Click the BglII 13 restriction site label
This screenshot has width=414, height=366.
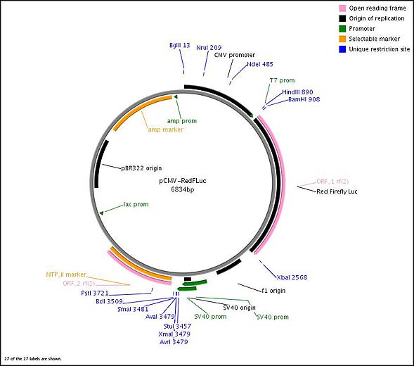[179, 45]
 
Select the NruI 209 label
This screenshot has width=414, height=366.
[209, 48]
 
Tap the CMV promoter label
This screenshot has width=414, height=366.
[235, 55]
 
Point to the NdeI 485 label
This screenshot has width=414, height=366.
[260, 64]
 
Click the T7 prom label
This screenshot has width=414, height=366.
[282, 80]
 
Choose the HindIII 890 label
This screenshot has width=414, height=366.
[297, 92]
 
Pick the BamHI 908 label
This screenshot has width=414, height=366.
[304, 99]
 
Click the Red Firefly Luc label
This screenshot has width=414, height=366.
[337, 191]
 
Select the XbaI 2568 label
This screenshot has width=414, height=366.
[292, 277]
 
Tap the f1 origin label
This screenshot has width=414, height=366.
[273, 291]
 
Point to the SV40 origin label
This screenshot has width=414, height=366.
[239, 308]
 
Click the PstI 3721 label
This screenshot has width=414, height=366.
[95, 293]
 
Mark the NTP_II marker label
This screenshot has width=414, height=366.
[66, 274]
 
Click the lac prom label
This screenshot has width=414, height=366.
[136, 204]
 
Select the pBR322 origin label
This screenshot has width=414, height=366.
[141, 168]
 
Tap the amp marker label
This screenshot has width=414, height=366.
[165, 130]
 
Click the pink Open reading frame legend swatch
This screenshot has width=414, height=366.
[342, 8]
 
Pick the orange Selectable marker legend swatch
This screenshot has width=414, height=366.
[342, 39]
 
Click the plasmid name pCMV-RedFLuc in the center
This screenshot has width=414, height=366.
[183, 181]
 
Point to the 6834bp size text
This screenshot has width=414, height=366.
[183, 189]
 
